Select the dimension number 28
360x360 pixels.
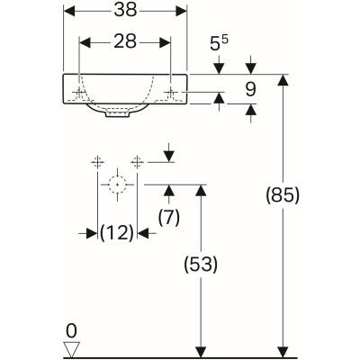[125, 42]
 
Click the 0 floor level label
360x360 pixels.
[73, 330]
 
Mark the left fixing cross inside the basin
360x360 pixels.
[80, 94]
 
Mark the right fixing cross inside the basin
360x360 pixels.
[171, 94]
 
